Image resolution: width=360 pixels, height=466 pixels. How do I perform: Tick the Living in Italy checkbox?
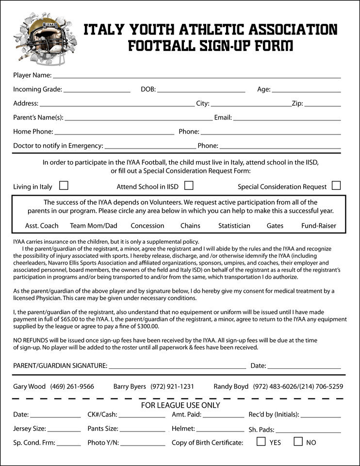coord(64,185)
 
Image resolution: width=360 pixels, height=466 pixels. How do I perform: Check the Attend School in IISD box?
coord(189,185)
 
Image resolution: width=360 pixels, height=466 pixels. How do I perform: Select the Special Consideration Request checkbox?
coord(336,185)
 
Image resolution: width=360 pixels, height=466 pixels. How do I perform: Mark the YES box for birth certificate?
coord(261,442)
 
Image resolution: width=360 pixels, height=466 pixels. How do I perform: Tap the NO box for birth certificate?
coord(298,442)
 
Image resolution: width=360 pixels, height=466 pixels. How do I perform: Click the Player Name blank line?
coord(196,76)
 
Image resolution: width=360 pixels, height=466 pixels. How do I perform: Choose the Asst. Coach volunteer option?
coord(42,226)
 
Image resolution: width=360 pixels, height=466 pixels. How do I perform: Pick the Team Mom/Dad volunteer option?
coord(94,226)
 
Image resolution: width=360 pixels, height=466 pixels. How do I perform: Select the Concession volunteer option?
coord(147,226)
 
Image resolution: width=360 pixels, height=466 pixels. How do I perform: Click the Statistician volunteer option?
coord(234,226)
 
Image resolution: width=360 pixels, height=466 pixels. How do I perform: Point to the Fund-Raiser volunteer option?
coord(319,226)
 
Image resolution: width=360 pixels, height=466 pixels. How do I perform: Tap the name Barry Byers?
coord(130,387)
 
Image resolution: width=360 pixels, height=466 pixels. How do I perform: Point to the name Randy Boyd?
coord(231,387)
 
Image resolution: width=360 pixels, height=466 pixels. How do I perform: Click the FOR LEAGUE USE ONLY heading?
coord(180,405)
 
